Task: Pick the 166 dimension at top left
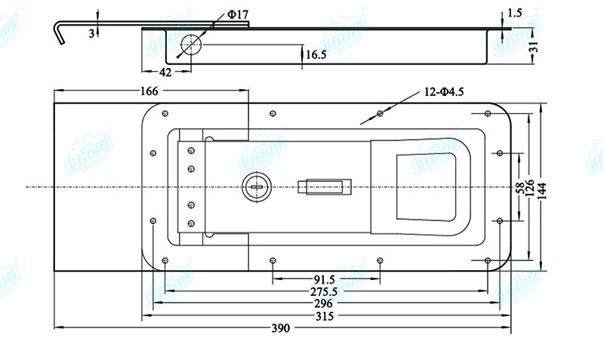(149, 91)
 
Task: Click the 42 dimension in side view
(165, 72)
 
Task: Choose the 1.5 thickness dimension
(516, 12)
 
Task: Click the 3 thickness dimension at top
(91, 33)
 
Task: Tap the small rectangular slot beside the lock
(325, 186)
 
